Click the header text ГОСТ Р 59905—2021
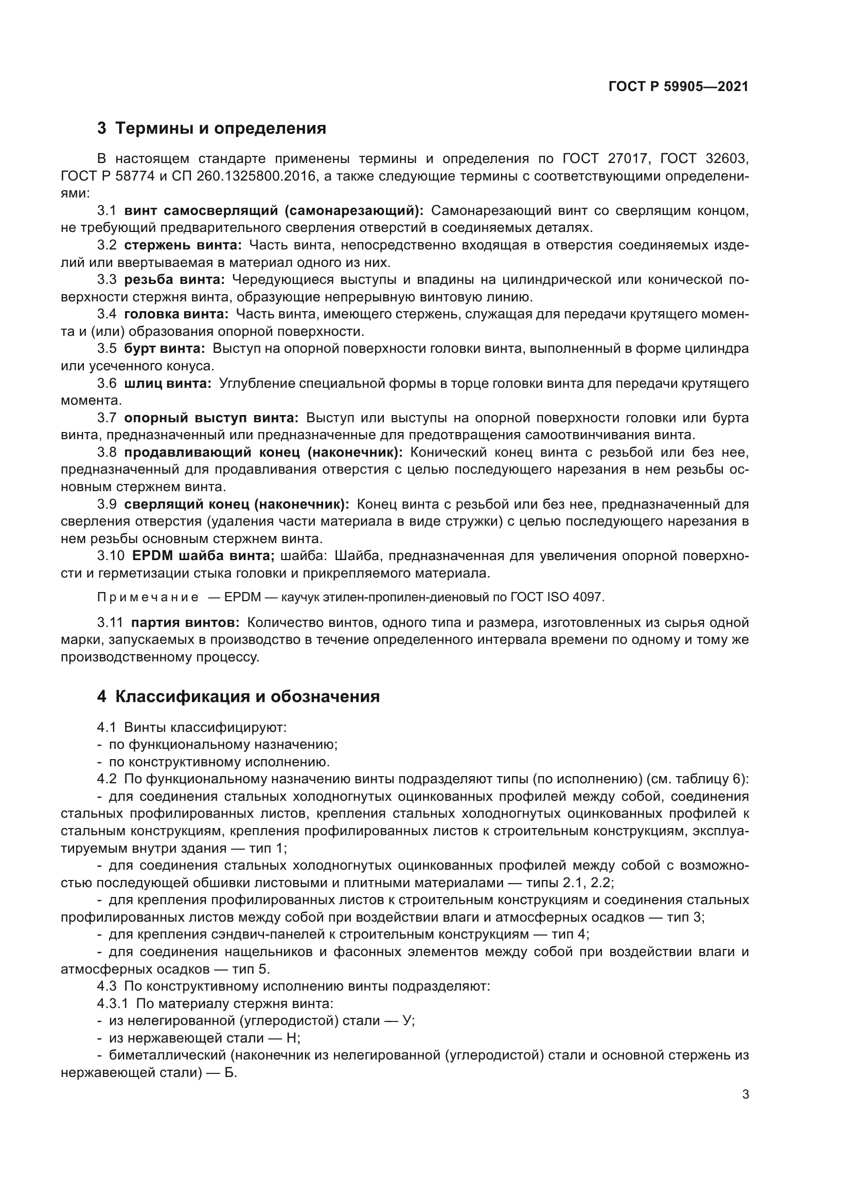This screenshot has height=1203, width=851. coord(678,87)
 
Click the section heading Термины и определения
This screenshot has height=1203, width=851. coord(211,129)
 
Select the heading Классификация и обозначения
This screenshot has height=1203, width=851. coord(238,697)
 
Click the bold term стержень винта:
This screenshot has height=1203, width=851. coord(183,245)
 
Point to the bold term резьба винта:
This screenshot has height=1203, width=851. coord(174,280)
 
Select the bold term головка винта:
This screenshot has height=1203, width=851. coord(176,314)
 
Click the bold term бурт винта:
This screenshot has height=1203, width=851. coord(165,349)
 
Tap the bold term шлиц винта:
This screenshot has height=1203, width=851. coord(168,384)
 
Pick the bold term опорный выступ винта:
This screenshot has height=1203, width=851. coord(211,418)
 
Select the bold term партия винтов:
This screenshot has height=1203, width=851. coord(185,623)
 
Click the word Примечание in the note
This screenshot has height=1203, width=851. coord(148,597)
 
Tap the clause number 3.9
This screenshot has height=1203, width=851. coord(107,505)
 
